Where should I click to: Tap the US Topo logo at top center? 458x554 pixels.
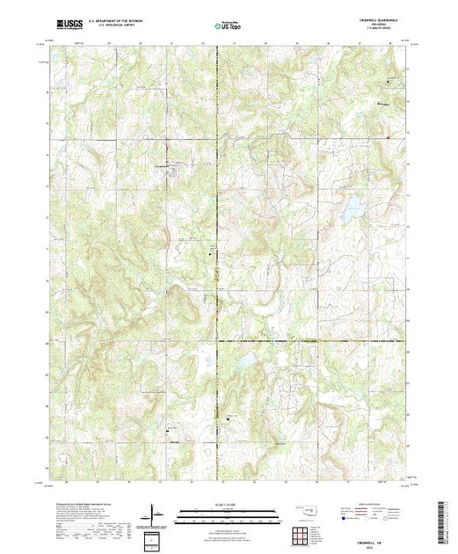coord(228,26)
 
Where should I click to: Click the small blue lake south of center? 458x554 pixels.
coord(248,360)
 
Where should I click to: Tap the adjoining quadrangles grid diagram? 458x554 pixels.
coord(302,534)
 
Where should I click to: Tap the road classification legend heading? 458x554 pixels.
coord(380,502)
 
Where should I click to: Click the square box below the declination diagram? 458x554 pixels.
coord(154,537)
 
